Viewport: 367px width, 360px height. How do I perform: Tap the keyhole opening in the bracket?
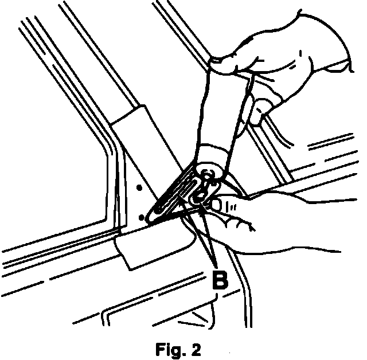(x=202, y=192)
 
